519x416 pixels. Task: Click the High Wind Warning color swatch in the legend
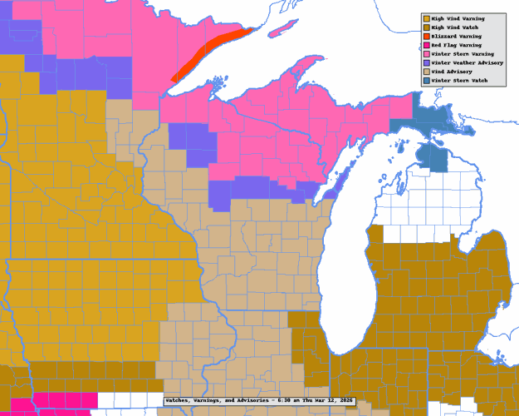coord(427,17)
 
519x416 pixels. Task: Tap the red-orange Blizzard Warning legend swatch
coord(427,37)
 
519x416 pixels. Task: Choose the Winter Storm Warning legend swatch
coord(427,54)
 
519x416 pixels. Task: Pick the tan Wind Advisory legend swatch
coord(427,72)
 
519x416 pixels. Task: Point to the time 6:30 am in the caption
coord(287,401)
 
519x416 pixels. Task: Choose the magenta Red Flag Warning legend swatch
coord(427,45)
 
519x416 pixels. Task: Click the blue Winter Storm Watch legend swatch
coord(427,81)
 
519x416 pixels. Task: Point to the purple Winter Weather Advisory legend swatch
coord(427,63)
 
